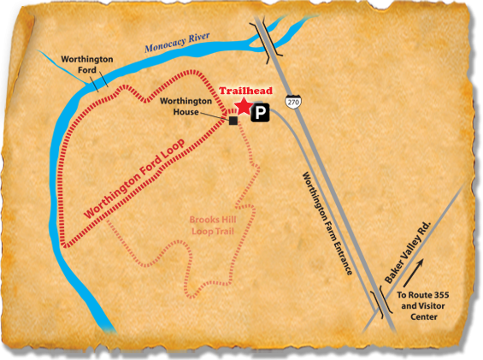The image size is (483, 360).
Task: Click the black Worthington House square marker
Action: (x=233, y=121)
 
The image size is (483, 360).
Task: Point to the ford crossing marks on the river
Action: (x=99, y=81)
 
